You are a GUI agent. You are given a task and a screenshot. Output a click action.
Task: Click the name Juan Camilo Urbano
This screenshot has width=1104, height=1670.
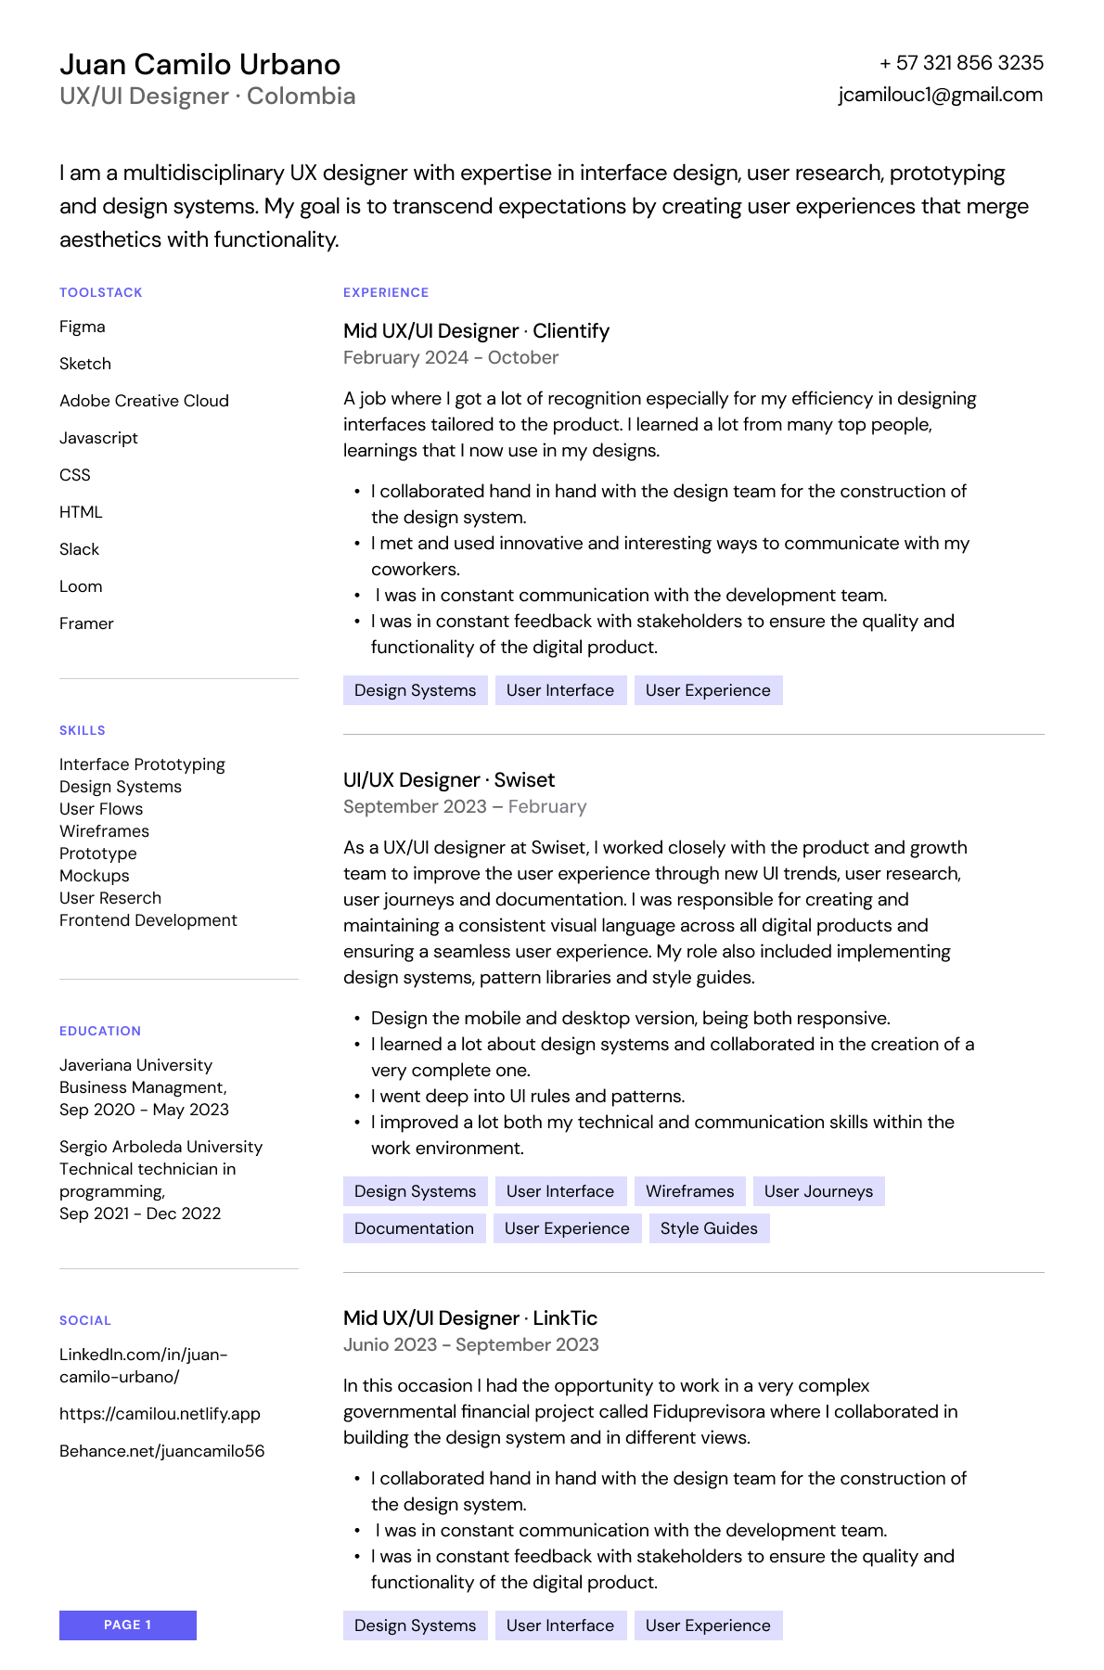click(x=199, y=64)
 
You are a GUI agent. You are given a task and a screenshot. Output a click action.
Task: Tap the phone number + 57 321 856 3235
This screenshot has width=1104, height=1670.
click(x=961, y=63)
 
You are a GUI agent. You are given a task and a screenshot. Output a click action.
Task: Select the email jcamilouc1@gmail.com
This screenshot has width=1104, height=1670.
click(x=940, y=95)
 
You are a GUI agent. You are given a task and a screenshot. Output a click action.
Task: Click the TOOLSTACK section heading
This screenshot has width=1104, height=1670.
click(x=101, y=292)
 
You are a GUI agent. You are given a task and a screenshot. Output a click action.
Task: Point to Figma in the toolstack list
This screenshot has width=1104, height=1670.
click(x=83, y=327)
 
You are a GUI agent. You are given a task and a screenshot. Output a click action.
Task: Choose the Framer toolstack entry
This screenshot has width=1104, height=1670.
click(x=86, y=623)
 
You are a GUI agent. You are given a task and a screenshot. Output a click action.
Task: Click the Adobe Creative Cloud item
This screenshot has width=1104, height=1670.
click(x=144, y=401)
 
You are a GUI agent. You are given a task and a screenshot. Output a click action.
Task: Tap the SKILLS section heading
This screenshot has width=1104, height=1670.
click(x=83, y=730)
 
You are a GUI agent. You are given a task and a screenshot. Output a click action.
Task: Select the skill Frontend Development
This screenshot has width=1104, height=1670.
click(x=148, y=920)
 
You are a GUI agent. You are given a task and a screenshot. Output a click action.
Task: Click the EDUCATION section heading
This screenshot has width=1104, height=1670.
click(x=100, y=1031)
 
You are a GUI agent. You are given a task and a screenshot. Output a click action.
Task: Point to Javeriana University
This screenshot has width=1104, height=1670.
click(x=135, y=1065)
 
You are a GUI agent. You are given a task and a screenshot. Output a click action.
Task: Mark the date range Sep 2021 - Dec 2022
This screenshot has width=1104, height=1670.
click(x=140, y=1214)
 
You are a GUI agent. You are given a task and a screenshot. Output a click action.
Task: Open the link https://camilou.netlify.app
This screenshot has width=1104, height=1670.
click(x=160, y=1414)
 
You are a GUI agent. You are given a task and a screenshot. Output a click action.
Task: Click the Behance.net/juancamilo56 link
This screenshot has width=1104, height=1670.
click(x=161, y=1451)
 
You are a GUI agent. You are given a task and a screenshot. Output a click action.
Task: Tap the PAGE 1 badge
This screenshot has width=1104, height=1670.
click(x=128, y=1625)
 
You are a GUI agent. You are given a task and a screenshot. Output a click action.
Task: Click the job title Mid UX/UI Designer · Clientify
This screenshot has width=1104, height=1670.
click(x=476, y=331)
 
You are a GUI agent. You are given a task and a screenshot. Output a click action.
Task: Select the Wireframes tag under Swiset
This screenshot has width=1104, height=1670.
click(x=689, y=1191)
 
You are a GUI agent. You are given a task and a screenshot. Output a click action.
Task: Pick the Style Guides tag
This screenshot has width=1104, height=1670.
click(x=709, y=1228)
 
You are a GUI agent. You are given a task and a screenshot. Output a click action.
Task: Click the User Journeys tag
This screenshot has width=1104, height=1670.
click(x=818, y=1191)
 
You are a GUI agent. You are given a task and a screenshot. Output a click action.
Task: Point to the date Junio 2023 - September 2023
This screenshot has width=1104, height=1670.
click(x=470, y=1344)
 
